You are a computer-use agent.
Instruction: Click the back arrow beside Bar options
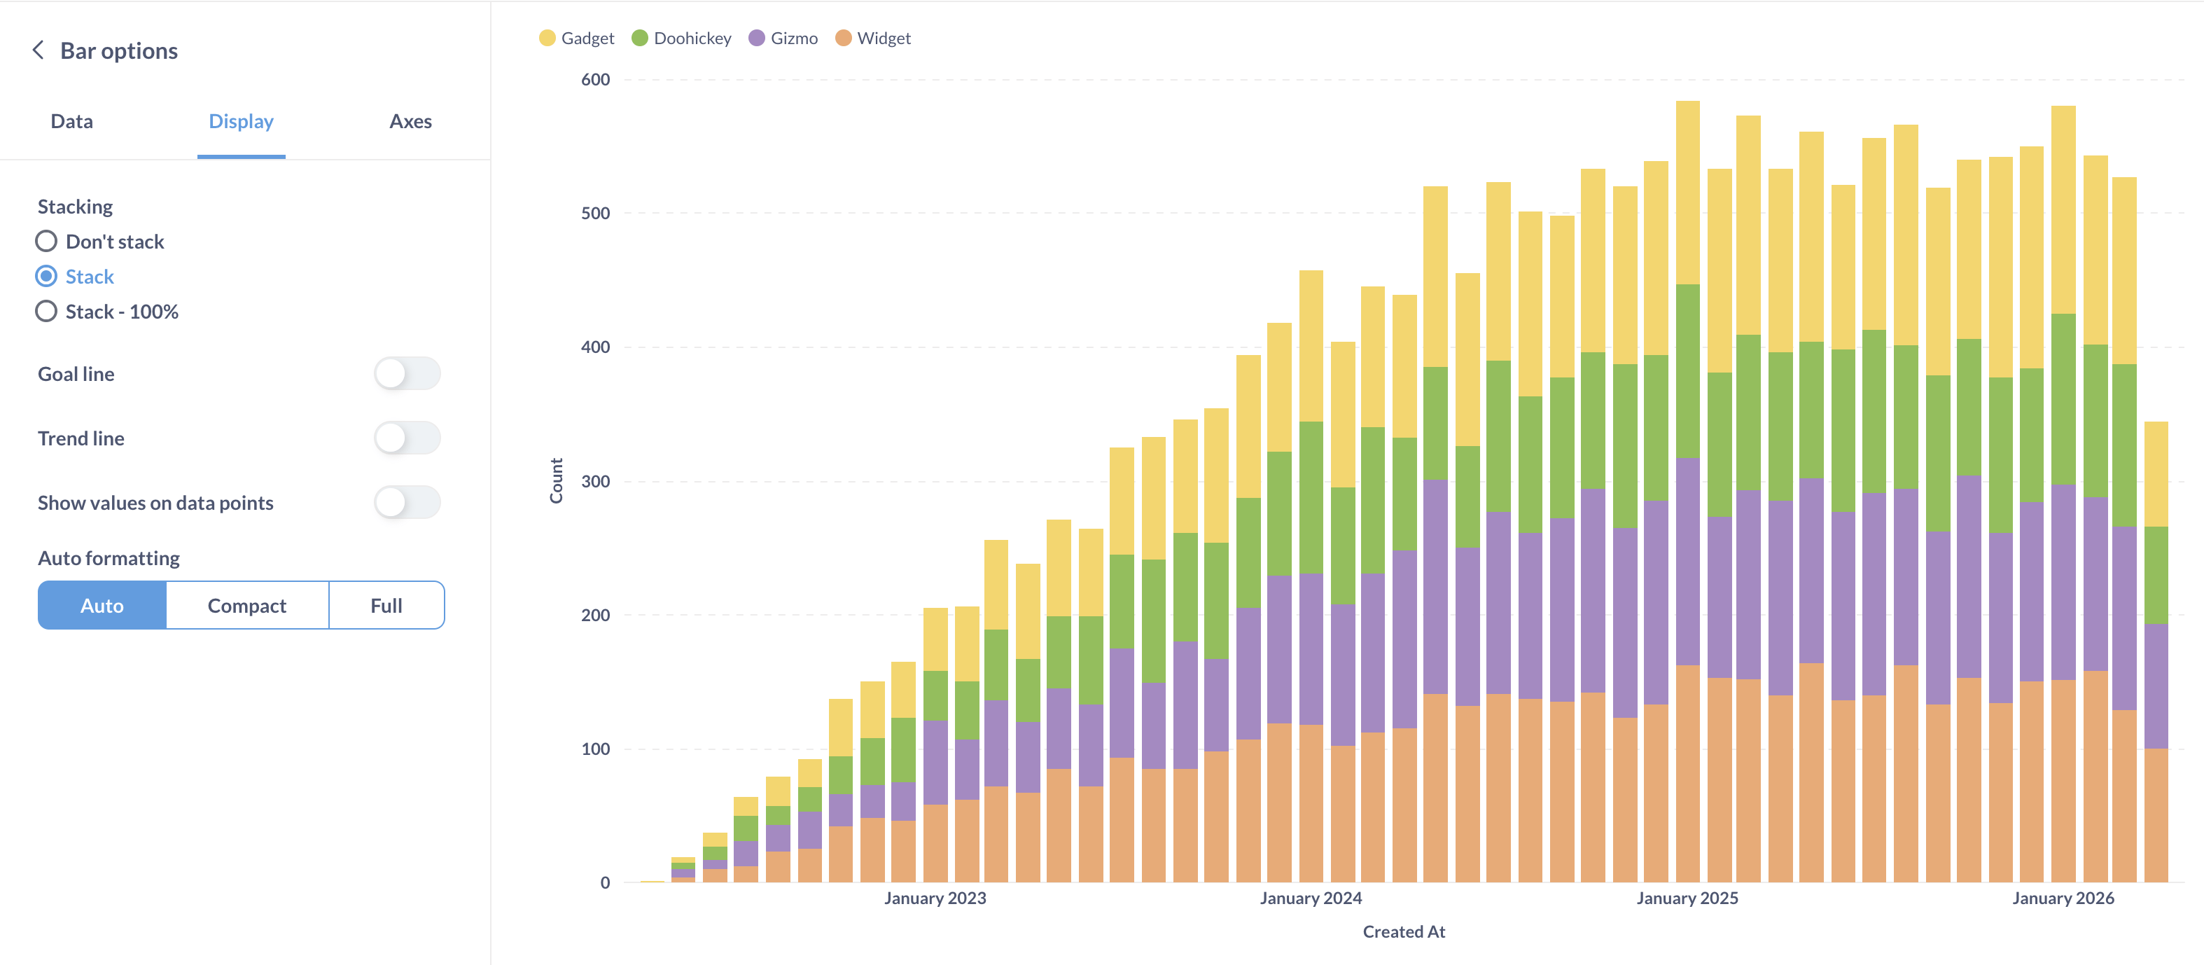pos(38,50)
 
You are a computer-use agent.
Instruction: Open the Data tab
pos(72,121)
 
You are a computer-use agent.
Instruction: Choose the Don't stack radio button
pos(46,241)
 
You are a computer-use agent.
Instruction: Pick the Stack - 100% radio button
pos(46,312)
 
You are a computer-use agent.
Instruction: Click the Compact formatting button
pos(246,606)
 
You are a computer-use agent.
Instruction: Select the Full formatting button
pos(386,606)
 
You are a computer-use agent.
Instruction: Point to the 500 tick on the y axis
pos(596,213)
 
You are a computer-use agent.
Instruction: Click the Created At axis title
pos(1403,931)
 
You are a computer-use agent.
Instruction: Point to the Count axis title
pos(556,481)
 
